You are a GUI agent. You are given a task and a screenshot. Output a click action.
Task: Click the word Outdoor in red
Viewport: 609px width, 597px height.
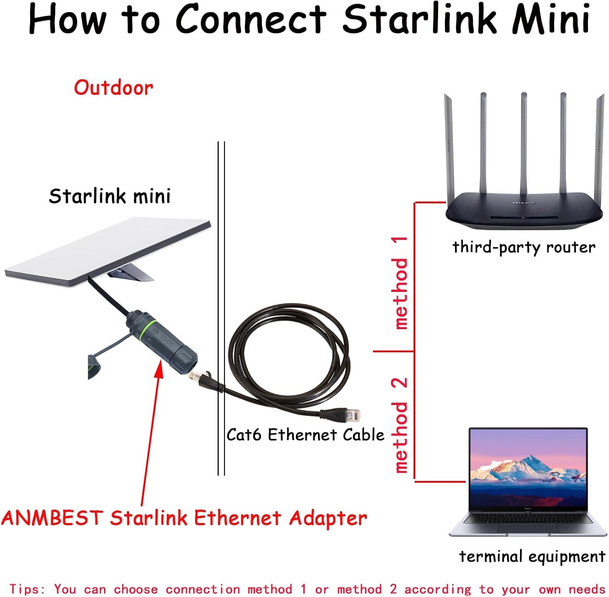tap(113, 88)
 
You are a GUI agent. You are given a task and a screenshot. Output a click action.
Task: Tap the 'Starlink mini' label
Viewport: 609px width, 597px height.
tap(110, 196)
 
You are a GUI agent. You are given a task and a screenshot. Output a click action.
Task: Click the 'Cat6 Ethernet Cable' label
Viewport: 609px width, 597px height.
tap(305, 435)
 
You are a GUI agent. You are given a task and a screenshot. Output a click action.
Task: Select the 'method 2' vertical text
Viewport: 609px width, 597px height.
tap(400, 425)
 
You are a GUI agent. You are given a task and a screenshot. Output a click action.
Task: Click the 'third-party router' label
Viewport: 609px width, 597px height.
tap(524, 247)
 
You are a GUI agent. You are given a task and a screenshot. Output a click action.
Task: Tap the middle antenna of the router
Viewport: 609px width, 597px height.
tap(523, 146)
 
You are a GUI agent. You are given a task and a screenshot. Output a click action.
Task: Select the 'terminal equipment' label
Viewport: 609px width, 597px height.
tap(532, 556)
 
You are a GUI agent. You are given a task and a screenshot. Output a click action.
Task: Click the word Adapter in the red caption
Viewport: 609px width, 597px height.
tap(328, 518)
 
